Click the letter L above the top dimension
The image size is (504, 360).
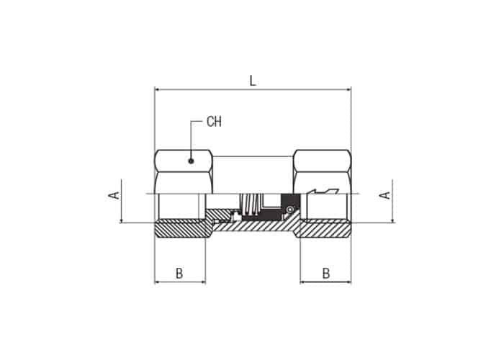(253, 81)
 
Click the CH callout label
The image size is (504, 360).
(214, 122)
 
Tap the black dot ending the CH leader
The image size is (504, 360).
(192, 161)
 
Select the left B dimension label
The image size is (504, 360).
(179, 274)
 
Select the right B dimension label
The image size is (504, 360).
(326, 274)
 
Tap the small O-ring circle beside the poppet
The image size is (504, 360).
(290, 210)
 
